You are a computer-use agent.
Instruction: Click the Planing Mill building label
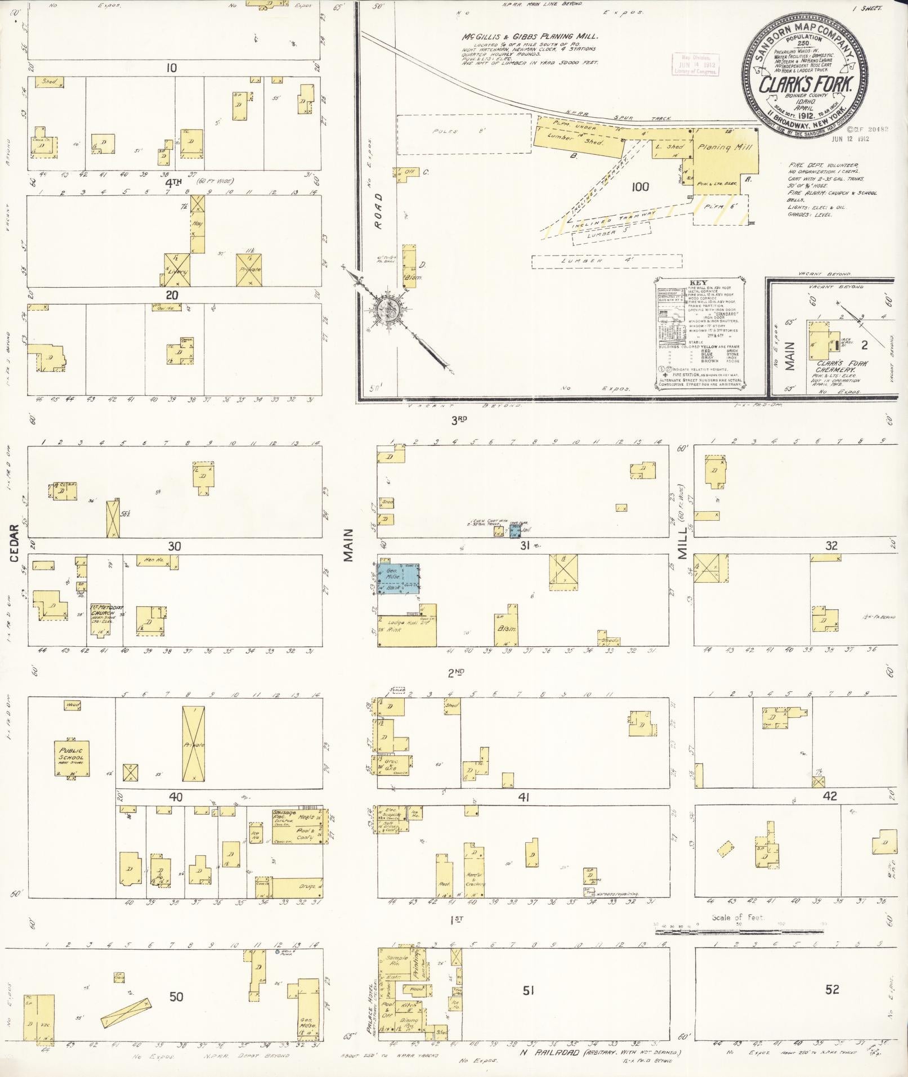721,147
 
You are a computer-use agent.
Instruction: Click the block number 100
640,186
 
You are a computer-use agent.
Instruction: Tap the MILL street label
683,543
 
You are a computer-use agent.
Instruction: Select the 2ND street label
455,672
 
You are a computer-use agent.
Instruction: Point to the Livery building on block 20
178,271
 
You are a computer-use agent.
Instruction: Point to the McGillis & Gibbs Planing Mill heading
530,37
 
